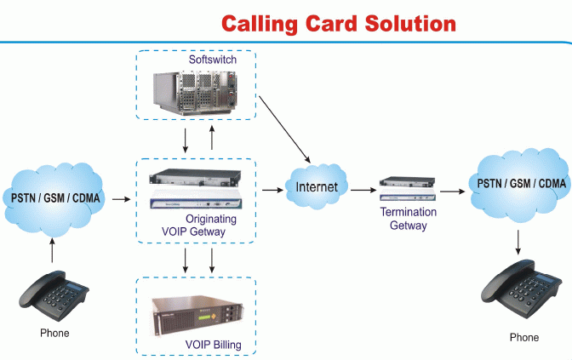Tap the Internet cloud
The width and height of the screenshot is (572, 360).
point(316,186)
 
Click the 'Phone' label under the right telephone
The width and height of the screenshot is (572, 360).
point(523,338)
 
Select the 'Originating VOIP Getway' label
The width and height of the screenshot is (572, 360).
point(197,225)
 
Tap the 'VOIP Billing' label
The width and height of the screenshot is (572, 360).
point(214,345)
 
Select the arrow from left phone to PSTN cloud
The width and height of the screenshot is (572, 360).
point(53,249)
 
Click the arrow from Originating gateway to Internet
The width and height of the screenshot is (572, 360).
point(272,189)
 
